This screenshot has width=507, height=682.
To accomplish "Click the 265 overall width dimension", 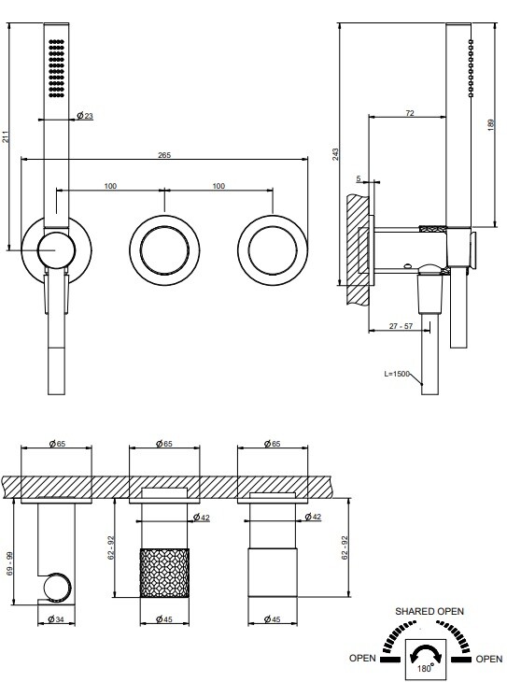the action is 164,155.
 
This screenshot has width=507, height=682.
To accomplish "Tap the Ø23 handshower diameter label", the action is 85,116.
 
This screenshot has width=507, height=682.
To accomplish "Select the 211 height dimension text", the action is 6,136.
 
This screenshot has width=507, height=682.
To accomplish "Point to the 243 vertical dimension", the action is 335,154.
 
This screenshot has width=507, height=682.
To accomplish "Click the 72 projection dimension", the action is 410,113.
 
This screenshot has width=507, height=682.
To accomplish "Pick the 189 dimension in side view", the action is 491,125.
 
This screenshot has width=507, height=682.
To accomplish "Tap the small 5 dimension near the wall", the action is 359,178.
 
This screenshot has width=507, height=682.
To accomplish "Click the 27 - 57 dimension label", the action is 401,326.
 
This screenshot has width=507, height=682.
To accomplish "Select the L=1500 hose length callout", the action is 397,374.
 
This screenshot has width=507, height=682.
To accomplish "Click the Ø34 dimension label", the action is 56,618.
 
